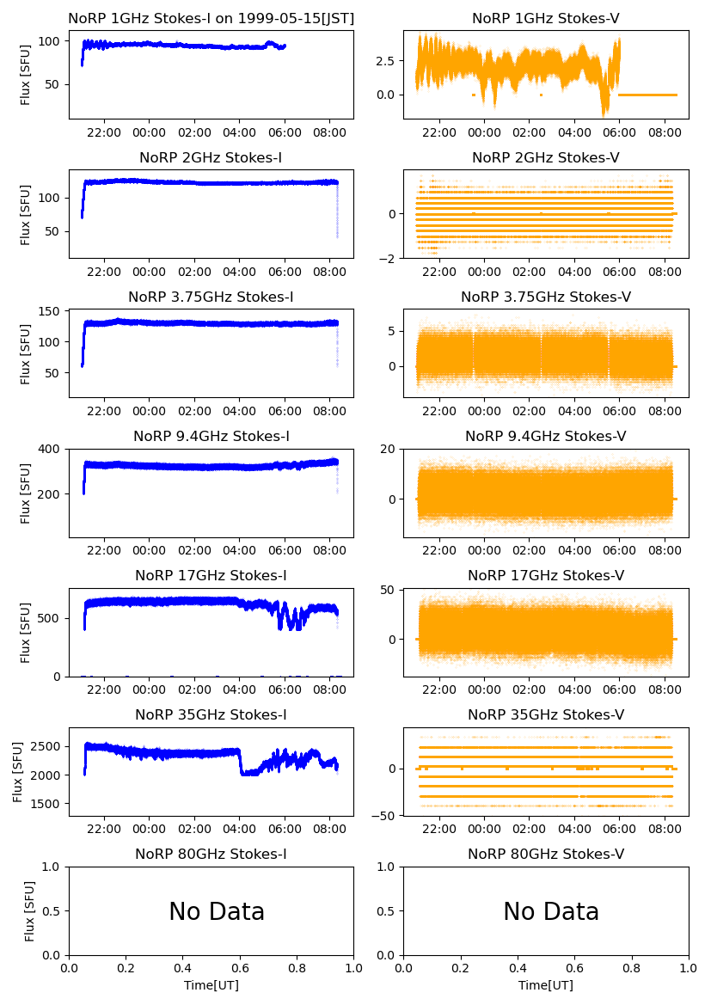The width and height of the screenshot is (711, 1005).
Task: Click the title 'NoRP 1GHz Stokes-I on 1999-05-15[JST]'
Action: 211,19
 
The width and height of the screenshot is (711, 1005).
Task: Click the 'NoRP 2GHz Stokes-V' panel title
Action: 546,158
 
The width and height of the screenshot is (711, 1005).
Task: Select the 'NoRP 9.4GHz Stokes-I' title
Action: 211,437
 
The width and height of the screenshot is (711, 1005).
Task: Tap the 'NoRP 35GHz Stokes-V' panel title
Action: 546,715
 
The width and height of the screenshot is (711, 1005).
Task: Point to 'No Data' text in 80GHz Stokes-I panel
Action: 217,912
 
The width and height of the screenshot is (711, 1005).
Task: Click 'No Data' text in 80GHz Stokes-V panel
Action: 551,912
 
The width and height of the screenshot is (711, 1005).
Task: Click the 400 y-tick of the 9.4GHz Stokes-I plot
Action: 49,450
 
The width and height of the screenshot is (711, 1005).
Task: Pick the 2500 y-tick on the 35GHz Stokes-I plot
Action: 43,746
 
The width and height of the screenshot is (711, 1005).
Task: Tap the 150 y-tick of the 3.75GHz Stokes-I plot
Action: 49,311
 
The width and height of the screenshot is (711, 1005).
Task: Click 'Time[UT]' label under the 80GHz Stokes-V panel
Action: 546,985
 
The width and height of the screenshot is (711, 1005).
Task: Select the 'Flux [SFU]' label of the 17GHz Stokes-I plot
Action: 26,633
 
